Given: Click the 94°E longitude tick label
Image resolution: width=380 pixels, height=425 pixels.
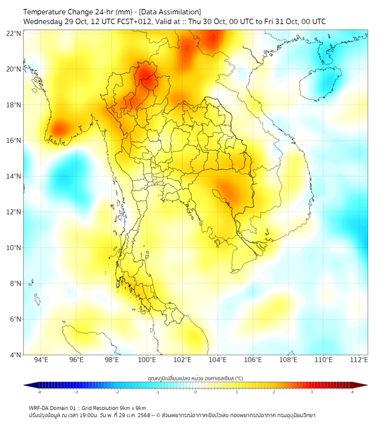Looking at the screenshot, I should click(41, 360).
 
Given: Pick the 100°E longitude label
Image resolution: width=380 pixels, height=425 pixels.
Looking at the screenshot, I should click(147, 360).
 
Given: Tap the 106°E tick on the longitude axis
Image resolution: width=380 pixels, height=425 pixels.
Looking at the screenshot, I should click(254, 360).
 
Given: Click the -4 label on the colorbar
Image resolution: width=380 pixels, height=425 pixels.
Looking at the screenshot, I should click(39, 392).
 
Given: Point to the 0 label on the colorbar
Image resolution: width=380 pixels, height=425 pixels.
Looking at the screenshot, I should click(196, 392).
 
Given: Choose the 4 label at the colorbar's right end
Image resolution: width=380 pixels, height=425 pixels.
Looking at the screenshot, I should click(352, 392).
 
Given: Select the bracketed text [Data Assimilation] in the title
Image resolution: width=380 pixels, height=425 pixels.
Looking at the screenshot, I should click(171, 12).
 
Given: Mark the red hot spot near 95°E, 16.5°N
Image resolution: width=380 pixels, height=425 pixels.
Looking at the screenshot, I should click(59, 130).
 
